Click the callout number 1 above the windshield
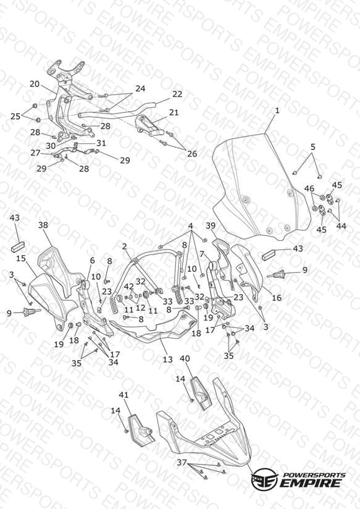277,111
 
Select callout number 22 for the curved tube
177,94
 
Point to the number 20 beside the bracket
35,84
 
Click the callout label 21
174,112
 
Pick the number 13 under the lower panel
167,360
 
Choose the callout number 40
185,359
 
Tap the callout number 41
123,395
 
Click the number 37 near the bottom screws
182,462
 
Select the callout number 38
43,225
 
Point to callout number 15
21,258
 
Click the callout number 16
277,298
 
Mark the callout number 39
211,225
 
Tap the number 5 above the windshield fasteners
312,147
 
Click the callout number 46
309,188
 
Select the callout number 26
192,154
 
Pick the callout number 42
129,287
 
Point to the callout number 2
125,246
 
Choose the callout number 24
140,88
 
